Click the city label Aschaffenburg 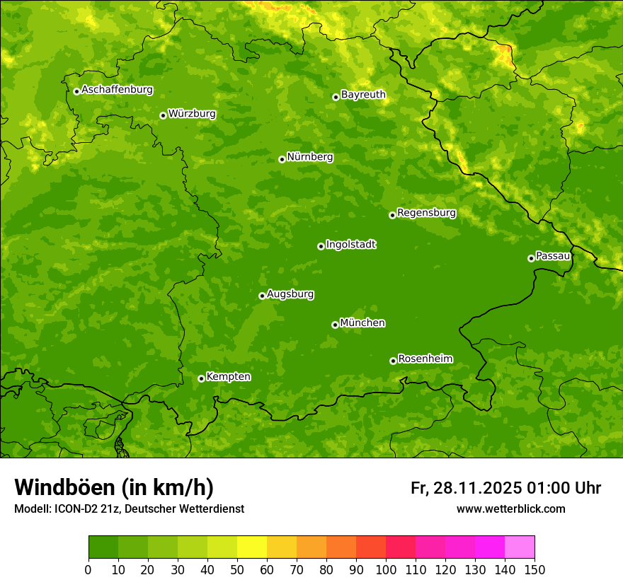click(117, 90)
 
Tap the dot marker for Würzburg click(163, 115)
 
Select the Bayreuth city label click(363, 94)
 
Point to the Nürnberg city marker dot click(282, 159)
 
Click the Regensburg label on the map click(426, 212)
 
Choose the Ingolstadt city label click(350, 245)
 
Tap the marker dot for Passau click(531, 258)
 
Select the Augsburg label click(290, 294)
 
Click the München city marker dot click(335, 325)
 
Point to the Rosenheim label click(425, 359)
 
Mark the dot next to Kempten click(201, 378)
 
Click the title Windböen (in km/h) click(114, 487)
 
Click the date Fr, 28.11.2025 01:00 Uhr click(505, 488)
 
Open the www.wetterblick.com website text click(510, 509)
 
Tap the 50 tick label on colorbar click(237, 569)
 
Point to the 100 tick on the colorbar click(386, 569)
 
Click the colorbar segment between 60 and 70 click(282, 547)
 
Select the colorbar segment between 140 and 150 click(520, 547)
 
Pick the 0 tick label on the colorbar click(88, 569)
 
